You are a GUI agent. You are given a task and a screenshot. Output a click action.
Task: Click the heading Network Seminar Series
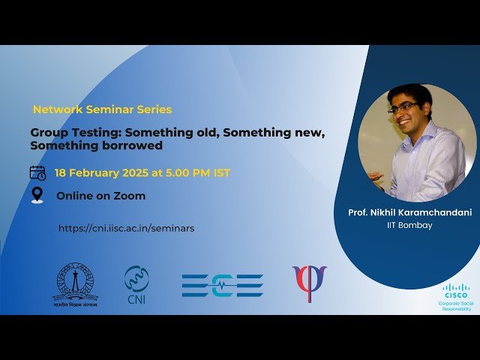[x=102, y=109]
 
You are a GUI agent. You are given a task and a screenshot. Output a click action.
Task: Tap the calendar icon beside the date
[x=37, y=172]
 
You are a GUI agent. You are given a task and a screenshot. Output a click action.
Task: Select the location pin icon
[x=37, y=196]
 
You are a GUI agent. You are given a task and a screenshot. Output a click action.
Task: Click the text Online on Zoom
[x=100, y=196]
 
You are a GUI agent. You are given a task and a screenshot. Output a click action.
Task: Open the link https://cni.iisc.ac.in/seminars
[x=126, y=228]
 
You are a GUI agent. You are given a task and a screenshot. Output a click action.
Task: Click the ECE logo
[x=222, y=285]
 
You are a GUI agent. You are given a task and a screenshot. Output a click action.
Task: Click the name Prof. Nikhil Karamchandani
[x=409, y=213]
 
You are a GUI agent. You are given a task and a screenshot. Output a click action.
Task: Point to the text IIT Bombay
[x=409, y=225]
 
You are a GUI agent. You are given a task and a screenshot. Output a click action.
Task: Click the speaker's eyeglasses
[x=403, y=108]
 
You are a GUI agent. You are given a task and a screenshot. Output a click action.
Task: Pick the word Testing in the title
[x=88, y=133]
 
